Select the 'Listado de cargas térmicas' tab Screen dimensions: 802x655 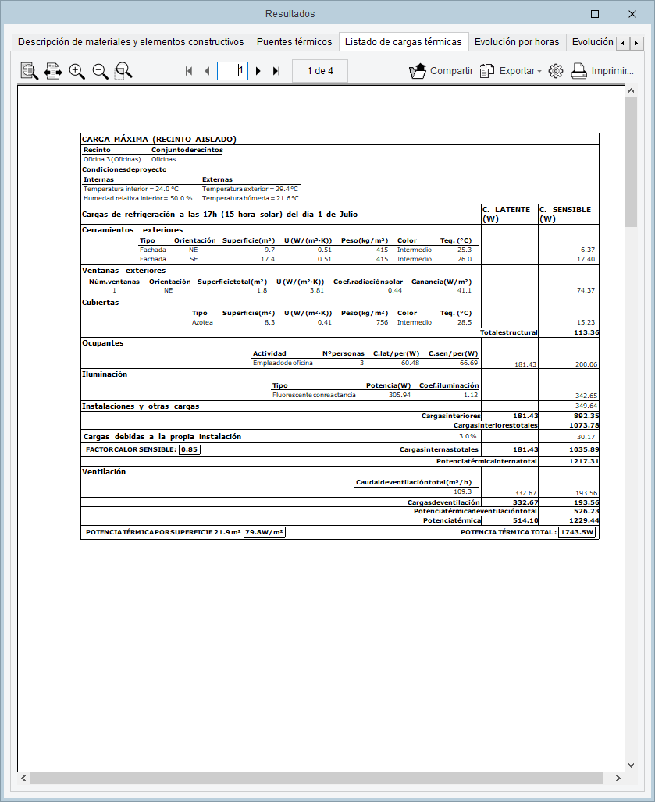[x=403, y=42]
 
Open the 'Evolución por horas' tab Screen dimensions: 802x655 [x=516, y=42]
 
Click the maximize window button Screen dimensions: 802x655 [x=595, y=13]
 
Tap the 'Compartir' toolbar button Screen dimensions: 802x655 [x=441, y=71]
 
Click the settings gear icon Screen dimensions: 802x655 [x=556, y=71]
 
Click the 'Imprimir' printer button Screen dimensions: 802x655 [x=601, y=71]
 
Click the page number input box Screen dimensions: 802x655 [x=232, y=71]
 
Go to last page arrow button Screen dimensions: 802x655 [x=276, y=71]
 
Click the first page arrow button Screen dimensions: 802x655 [x=189, y=71]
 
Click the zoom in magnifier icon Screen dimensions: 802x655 [x=77, y=71]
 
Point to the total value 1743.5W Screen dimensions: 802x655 [x=578, y=532]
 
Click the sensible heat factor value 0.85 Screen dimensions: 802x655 [x=189, y=449]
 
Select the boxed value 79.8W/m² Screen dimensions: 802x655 [x=265, y=532]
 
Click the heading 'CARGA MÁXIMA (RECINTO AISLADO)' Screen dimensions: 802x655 [x=159, y=140]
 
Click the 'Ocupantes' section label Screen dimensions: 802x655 [x=103, y=342]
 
